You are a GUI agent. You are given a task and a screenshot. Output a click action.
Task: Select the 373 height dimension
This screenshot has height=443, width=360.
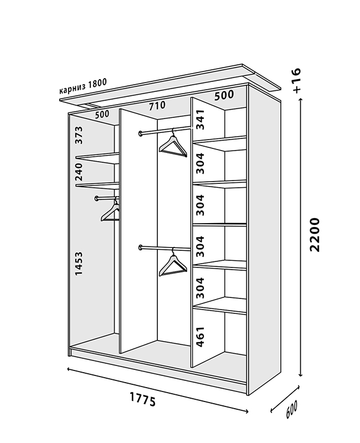(x=79, y=135)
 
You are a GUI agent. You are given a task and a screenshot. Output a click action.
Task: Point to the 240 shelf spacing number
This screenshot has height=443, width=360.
(x=79, y=172)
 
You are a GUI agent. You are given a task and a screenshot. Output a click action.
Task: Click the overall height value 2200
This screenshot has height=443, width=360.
(x=315, y=235)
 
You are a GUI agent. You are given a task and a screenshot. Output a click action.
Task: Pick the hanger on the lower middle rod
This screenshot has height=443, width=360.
(x=172, y=262)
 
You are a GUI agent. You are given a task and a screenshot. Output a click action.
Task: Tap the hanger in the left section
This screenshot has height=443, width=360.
(x=111, y=212)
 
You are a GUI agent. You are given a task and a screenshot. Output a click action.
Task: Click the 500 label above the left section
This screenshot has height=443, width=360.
(x=102, y=115)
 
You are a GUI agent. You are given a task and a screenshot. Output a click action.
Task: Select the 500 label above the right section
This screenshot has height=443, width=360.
(x=224, y=95)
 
